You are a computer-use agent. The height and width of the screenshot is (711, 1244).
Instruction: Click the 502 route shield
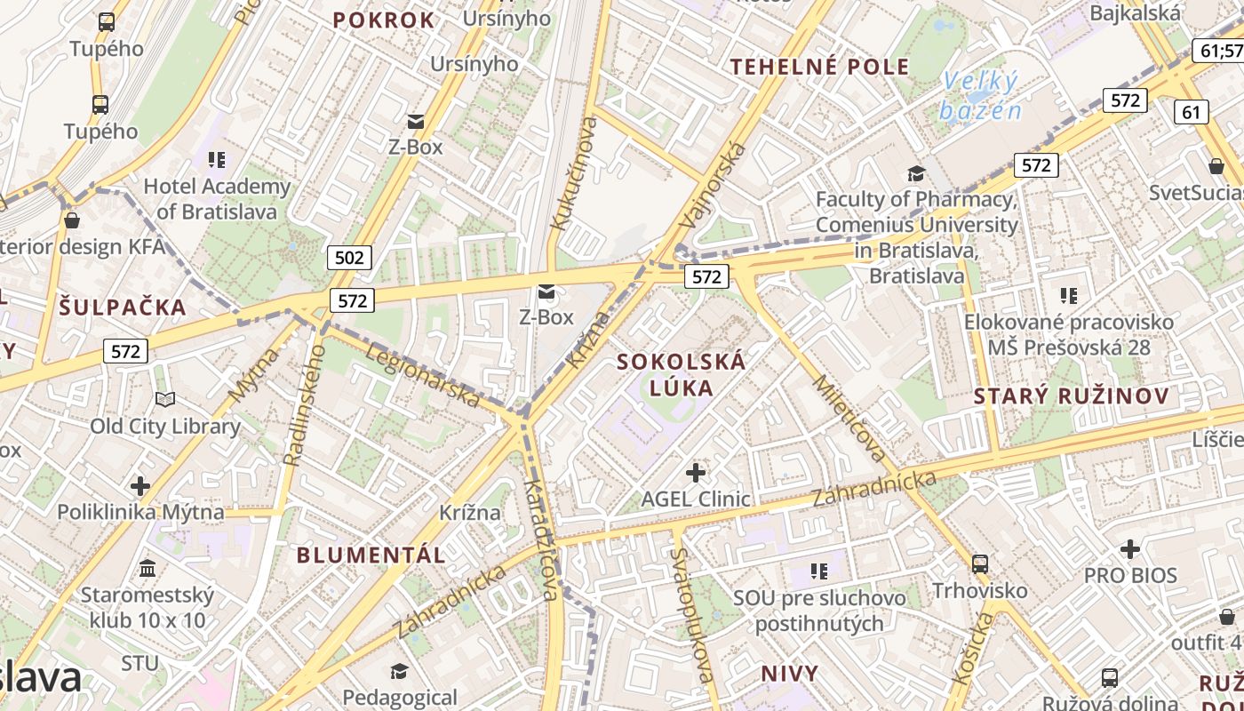point(349,258)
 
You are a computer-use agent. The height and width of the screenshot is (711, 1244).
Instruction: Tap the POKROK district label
point(384,20)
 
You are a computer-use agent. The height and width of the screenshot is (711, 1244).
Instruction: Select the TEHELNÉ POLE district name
point(819,66)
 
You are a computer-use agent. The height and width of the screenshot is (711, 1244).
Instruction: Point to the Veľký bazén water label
point(980,96)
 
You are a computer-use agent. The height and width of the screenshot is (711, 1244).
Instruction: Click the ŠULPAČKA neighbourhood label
point(124,308)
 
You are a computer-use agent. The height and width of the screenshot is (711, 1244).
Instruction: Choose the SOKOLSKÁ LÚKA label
point(682,374)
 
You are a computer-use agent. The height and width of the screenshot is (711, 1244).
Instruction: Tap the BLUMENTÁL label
point(371,555)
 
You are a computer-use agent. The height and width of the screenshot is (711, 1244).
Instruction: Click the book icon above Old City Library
point(165,400)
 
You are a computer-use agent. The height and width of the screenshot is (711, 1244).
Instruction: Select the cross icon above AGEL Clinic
point(696,472)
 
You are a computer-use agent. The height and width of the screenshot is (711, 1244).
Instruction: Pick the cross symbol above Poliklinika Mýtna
point(140,486)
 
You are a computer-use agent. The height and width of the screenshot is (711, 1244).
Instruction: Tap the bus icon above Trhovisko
point(980,563)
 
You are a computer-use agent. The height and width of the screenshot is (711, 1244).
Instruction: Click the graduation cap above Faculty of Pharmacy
point(916,173)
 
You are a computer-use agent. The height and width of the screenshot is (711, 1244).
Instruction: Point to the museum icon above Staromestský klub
point(148,568)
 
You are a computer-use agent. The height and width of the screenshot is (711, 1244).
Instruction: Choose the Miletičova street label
point(849,419)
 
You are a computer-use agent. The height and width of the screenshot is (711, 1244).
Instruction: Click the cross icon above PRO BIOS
point(1129,549)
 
